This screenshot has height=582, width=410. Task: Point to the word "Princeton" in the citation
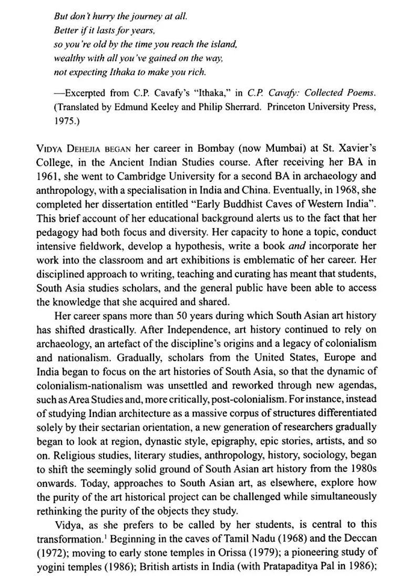[297, 107]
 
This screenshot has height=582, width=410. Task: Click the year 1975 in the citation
[65, 120]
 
